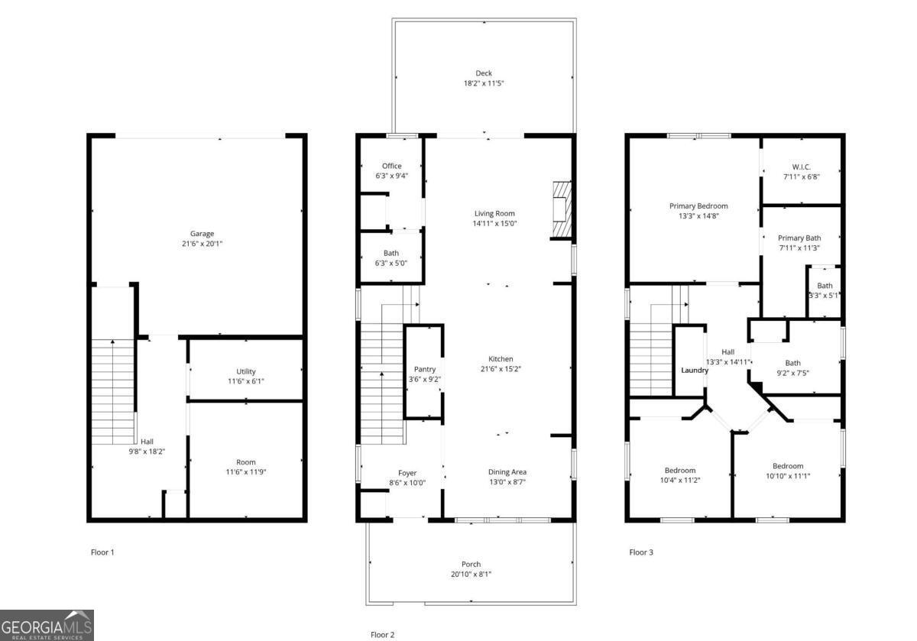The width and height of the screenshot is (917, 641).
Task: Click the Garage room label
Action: pos(202,234)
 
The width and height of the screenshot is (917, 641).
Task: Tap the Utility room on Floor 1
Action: pos(245,372)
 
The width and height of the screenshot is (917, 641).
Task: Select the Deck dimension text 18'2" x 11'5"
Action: pos(483,83)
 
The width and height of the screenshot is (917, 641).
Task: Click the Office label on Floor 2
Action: pos(391,166)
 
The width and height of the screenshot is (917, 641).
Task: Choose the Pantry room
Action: pos(424,369)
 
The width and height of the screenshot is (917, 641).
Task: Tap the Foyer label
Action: pos(407,473)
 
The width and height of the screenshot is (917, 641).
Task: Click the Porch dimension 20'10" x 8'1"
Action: pos(471,575)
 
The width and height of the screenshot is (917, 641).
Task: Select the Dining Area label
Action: pos(507,471)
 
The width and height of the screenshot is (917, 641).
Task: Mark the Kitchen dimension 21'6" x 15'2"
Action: pos(501,369)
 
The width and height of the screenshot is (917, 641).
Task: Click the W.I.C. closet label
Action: pos(801,167)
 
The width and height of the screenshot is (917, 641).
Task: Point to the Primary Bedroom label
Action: pos(698,206)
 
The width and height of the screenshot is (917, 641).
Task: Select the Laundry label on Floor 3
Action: pos(695,371)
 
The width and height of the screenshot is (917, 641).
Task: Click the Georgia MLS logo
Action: pos(47,625)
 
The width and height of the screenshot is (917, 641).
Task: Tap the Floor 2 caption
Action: pos(382,634)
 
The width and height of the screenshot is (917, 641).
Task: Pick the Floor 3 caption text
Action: pos(640,552)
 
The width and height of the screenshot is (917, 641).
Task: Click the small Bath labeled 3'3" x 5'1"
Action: pos(825,290)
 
